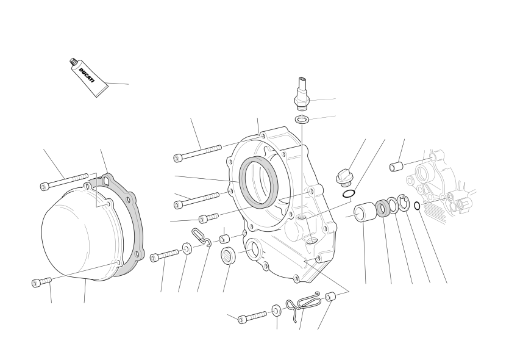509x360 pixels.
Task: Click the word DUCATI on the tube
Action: point(87,76)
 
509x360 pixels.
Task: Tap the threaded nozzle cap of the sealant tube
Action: point(73,61)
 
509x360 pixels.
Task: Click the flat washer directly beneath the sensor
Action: point(302,120)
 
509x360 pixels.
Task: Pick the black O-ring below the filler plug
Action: point(349,193)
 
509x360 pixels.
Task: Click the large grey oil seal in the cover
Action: point(258,181)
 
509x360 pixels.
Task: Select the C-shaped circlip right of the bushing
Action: point(404,203)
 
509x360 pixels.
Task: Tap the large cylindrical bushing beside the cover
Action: point(365,212)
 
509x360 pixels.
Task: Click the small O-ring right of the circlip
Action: point(417,206)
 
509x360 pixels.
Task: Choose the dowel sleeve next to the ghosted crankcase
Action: point(396,167)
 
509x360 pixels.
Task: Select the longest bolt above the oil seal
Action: point(198,153)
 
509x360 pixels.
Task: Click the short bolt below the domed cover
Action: point(41,282)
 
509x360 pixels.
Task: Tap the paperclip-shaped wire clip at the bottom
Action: point(308,300)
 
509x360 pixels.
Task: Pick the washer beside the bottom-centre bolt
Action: point(276,311)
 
